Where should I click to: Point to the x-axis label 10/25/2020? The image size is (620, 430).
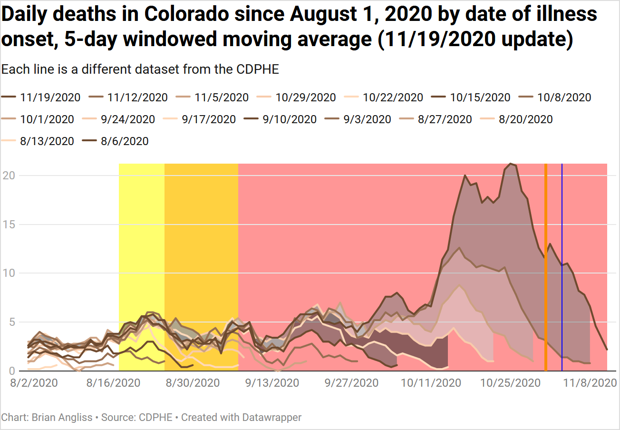[511, 383]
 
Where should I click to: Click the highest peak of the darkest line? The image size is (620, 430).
[511, 164]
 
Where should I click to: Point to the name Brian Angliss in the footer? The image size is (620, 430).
[62, 418]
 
